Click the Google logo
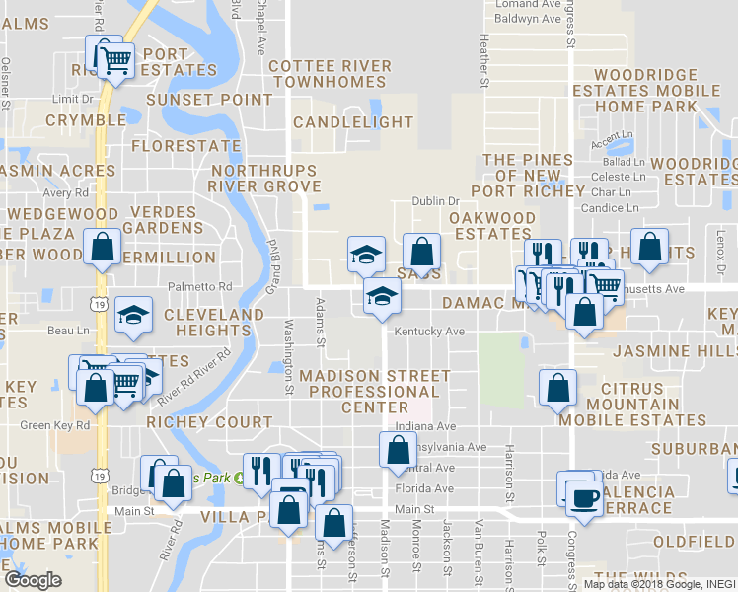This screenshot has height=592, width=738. point(33,580)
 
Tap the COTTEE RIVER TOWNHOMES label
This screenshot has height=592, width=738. point(330,74)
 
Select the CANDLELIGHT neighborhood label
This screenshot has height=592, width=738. point(353,122)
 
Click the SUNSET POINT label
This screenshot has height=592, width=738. point(209,100)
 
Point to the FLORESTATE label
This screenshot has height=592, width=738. point(185,146)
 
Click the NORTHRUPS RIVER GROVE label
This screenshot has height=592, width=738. point(266,179)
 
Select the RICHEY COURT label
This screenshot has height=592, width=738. point(209,422)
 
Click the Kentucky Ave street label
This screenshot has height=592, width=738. point(429,332)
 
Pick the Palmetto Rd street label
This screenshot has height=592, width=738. point(205,287)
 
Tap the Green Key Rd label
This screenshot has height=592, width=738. point(55,426)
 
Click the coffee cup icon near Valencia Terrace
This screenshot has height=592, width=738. point(582,495)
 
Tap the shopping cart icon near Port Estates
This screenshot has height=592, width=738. point(116,60)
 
